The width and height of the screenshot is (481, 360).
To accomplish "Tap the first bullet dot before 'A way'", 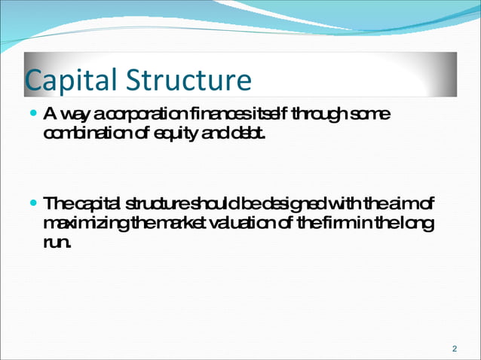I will tap(32, 114).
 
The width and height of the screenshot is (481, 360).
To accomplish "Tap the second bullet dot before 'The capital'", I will tap(32, 205).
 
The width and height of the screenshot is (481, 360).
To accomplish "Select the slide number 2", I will tap(454, 348).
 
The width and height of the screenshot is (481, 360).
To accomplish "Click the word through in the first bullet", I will tap(318, 115).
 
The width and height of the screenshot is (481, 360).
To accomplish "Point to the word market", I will tap(164, 224).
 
